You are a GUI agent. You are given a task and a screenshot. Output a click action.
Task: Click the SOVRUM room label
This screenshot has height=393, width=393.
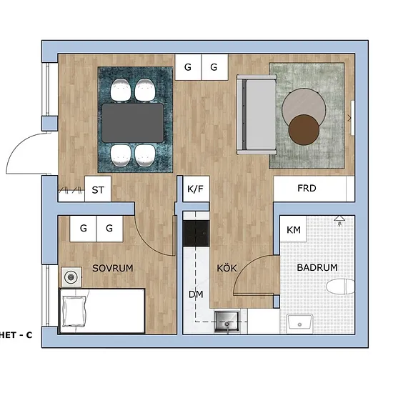point(112,268)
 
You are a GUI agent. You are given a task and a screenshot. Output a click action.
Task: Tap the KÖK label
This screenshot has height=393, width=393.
point(227,268)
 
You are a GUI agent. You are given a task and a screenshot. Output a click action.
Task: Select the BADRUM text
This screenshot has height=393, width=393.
point(317,267)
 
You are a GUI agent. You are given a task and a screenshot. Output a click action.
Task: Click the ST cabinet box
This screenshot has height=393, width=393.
point(98,189)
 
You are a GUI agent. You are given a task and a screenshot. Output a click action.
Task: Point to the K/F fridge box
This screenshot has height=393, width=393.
point(196,189)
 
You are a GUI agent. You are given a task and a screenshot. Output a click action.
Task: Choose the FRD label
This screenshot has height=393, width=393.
point(307,188)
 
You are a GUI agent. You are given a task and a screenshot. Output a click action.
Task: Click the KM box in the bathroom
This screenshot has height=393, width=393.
point(293,229)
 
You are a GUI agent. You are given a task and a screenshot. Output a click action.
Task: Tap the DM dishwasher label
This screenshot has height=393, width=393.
point(196,294)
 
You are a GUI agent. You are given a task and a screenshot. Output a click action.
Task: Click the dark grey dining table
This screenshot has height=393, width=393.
point(133,123)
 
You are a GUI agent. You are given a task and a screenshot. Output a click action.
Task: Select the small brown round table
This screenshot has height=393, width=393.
point(304,130)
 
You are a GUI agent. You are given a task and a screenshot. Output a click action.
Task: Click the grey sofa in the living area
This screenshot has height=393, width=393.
point(257,114)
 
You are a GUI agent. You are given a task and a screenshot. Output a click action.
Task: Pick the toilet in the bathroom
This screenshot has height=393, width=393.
point(340,287)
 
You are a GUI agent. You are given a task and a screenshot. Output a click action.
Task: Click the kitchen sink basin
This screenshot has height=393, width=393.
point(227,321)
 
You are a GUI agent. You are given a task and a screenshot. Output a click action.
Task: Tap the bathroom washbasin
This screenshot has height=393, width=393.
point(299,323)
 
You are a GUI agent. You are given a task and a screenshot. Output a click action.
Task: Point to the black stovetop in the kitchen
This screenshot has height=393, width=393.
point(196,234)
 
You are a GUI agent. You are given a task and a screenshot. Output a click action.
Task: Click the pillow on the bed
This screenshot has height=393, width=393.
point(74,312)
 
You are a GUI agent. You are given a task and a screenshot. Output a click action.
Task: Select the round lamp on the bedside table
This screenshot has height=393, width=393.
point(71,277)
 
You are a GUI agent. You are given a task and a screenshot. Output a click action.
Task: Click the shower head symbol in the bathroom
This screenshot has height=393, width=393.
point(339,220)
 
